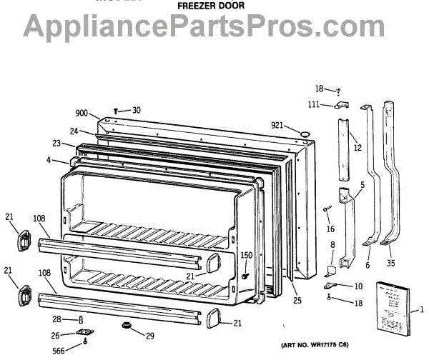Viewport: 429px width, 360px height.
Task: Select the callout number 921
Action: pos(278,126)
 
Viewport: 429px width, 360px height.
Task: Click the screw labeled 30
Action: pos(115,110)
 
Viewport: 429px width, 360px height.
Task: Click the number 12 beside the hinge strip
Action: pos(357,148)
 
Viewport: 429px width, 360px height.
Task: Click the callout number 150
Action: pos(246,256)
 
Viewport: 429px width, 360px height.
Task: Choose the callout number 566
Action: pos(64,350)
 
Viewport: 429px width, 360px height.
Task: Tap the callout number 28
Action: pos(66,319)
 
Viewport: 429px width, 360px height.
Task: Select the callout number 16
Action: pos(330,229)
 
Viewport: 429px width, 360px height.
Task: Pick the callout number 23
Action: pos(57,143)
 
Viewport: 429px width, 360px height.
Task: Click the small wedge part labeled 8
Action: pos(330,270)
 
